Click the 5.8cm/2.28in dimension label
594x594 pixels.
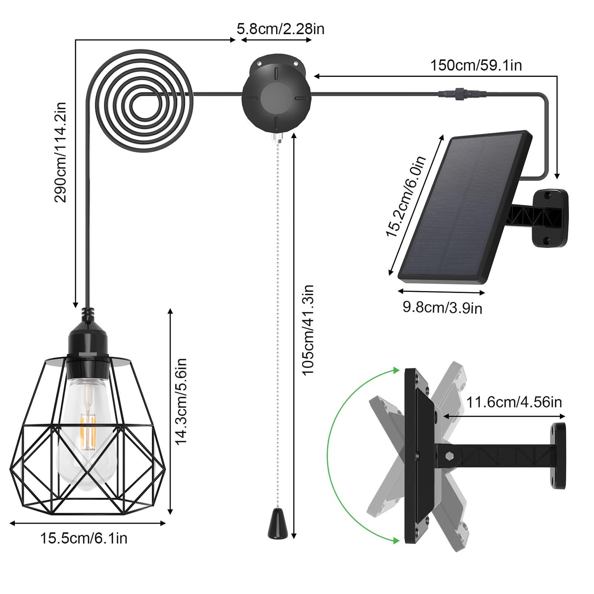(280, 29)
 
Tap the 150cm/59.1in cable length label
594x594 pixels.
(476, 65)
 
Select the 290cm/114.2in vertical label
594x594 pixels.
(60, 152)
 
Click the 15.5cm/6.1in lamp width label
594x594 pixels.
(83, 538)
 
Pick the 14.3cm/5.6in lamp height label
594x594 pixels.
(181, 401)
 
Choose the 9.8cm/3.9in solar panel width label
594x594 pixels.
(442, 307)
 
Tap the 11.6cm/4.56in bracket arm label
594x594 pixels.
(514, 402)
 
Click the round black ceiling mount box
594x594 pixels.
(276, 94)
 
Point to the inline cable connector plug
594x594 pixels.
(462, 94)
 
